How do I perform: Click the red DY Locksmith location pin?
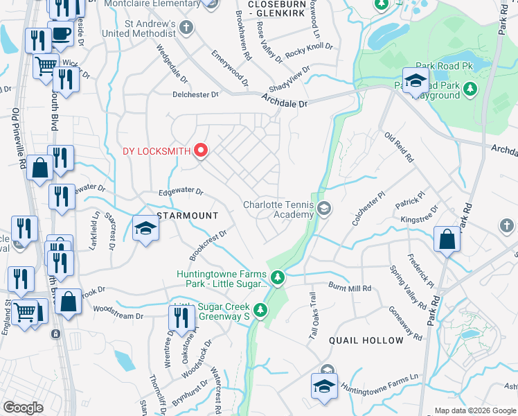pyautogui.click(x=201, y=150)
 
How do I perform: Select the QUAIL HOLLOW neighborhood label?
pyautogui.click(x=366, y=340)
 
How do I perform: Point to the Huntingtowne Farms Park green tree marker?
pyautogui.click(x=278, y=278)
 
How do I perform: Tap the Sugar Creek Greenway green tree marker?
pyautogui.click(x=260, y=310)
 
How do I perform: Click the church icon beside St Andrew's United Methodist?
pyautogui.click(x=185, y=28)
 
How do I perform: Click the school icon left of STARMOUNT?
pyautogui.click(x=145, y=228)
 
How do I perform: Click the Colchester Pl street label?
pyautogui.click(x=367, y=209)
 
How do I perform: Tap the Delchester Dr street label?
pyautogui.click(x=195, y=94)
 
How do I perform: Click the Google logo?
pyautogui.click(x=23, y=408)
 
